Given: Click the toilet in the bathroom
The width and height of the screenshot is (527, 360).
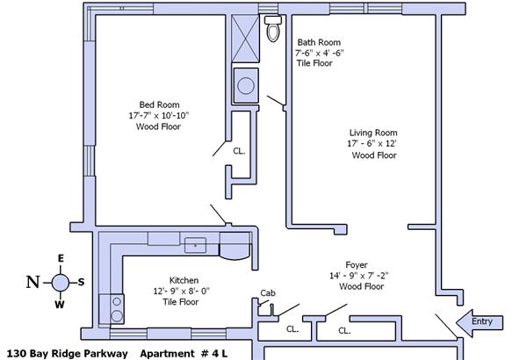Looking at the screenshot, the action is click(273, 28).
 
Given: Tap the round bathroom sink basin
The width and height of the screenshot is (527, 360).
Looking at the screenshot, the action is click(246, 85).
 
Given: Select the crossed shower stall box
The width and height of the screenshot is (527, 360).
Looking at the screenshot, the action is click(245, 39).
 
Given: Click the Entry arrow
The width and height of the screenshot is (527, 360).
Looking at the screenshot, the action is click(480, 323).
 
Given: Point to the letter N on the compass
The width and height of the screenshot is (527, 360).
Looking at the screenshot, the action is click(33, 282).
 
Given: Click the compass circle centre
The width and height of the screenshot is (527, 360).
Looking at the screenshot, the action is click(61, 282).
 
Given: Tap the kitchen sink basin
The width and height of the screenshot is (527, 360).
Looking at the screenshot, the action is click(195, 245).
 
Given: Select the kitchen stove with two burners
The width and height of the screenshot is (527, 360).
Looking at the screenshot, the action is click(112, 309).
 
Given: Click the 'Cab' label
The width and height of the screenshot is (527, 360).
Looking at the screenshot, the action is click(268, 293).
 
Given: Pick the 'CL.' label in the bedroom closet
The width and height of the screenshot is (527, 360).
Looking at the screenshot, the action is click(239, 151).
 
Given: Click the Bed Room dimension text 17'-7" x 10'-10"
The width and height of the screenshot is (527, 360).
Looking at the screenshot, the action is click(159, 116).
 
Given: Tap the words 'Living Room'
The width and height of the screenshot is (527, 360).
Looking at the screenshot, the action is click(373, 133).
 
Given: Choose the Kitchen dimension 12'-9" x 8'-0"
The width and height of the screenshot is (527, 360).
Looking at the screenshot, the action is click(182, 292).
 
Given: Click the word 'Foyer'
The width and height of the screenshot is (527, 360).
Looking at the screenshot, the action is click(357, 265).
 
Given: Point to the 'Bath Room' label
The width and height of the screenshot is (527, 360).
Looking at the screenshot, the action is click(319, 42).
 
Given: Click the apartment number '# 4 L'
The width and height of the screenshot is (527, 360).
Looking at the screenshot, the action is click(214, 354).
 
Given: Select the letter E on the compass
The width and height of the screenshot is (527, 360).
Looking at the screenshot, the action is click(61, 258).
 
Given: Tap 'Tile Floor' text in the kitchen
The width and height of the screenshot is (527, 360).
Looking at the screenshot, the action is click(181, 302).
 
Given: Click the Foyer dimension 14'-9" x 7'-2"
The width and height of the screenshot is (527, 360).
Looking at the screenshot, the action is click(358, 276).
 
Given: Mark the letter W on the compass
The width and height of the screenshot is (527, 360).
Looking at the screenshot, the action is click(60, 305).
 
